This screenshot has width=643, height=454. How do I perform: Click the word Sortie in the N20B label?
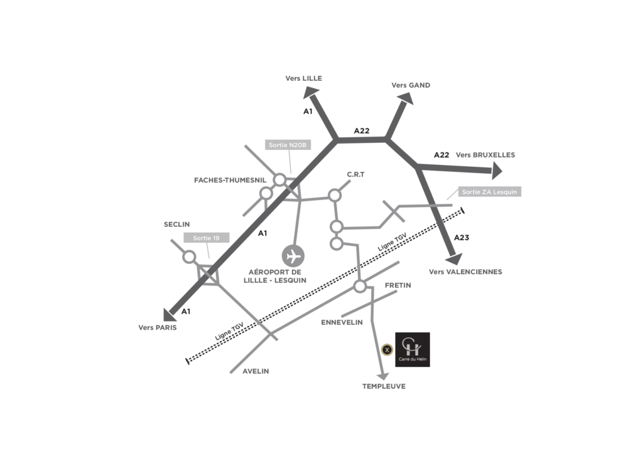pos(278,145)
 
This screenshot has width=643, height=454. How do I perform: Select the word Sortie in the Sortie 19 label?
pos(202,238)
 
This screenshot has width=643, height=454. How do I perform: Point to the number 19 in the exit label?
pos(215,238)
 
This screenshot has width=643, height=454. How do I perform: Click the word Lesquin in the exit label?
pos(505,192)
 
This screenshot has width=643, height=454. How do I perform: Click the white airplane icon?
pos(293,256)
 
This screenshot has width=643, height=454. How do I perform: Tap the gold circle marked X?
pos(387,349)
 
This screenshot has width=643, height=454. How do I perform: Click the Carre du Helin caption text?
pos(412,359)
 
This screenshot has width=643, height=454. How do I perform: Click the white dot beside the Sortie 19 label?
pos(189,256)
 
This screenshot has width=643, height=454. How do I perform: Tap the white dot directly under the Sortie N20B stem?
pos(280,180)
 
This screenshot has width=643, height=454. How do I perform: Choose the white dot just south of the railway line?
pos(360,287)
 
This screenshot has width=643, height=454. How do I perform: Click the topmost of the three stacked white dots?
pos(335,195)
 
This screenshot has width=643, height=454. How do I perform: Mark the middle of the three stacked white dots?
pos(337,226)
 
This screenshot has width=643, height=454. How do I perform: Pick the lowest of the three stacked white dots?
pos(337,243)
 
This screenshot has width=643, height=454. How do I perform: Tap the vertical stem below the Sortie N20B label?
pos(290,162)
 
